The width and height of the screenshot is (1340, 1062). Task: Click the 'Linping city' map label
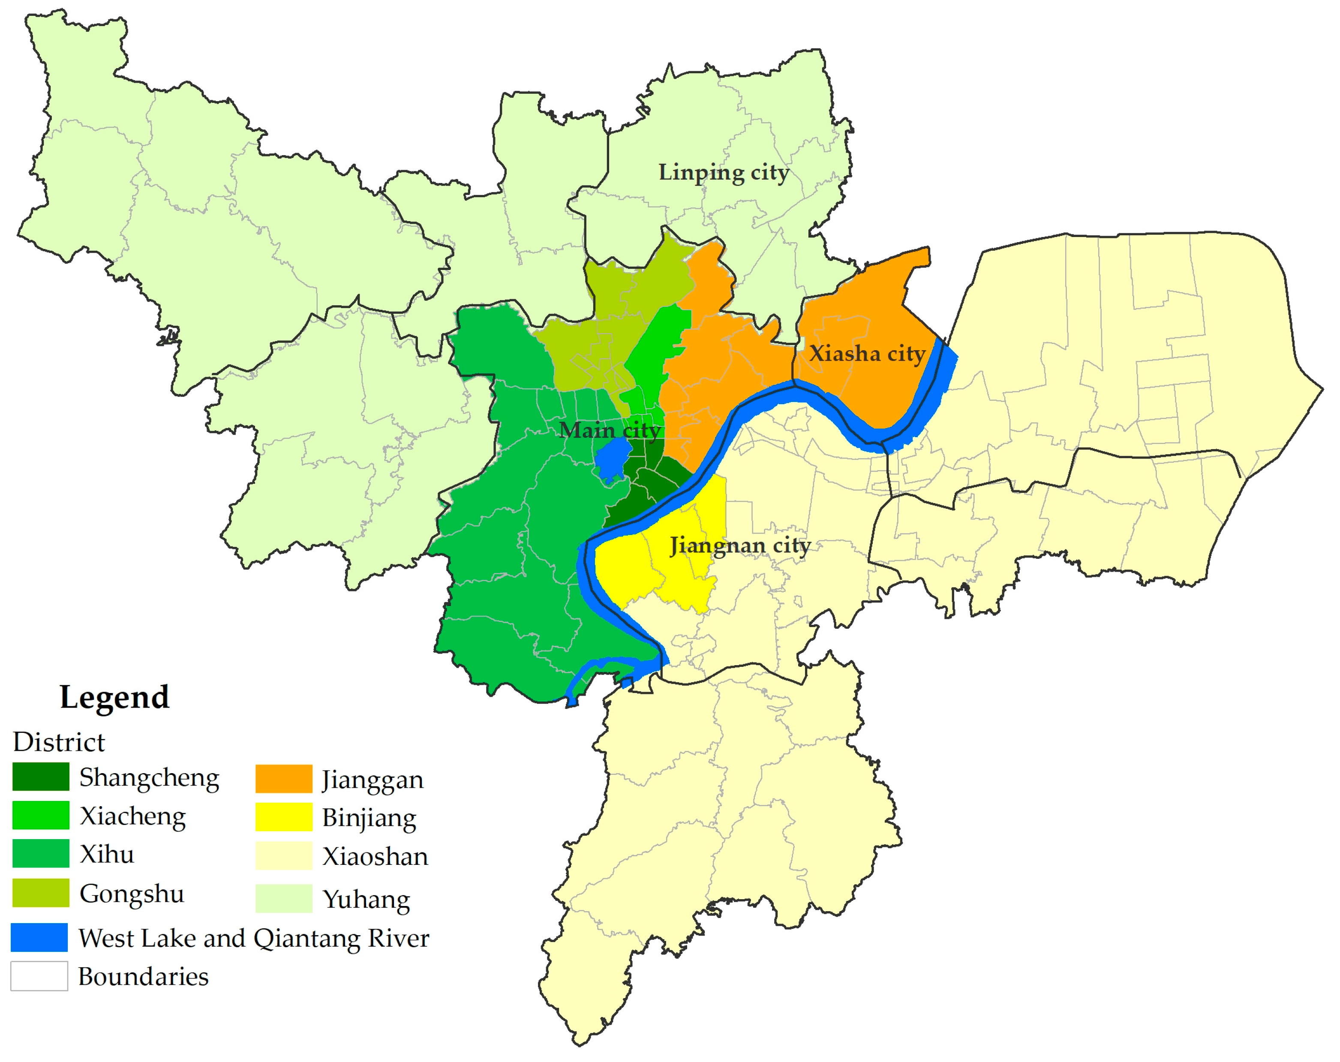point(724,172)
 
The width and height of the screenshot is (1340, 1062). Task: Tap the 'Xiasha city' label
point(867,354)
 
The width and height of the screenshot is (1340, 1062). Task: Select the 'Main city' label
point(609,430)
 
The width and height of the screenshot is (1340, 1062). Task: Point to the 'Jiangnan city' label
point(739,546)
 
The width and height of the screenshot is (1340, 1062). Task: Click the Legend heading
point(114,696)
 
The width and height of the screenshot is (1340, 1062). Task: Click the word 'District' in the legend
point(59,742)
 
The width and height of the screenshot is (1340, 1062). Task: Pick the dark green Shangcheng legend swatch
point(41,777)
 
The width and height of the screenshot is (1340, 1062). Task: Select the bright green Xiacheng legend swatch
point(41,815)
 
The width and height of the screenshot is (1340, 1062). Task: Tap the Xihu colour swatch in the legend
point(41,854)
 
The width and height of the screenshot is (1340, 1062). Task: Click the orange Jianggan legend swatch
point(283,779)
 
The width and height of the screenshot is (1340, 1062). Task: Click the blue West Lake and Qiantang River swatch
point(39,938)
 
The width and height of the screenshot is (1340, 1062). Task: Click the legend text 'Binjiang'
point(369,818)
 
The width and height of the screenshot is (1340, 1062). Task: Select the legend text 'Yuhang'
point(367,899)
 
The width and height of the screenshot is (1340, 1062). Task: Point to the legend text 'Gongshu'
point(132,894)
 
